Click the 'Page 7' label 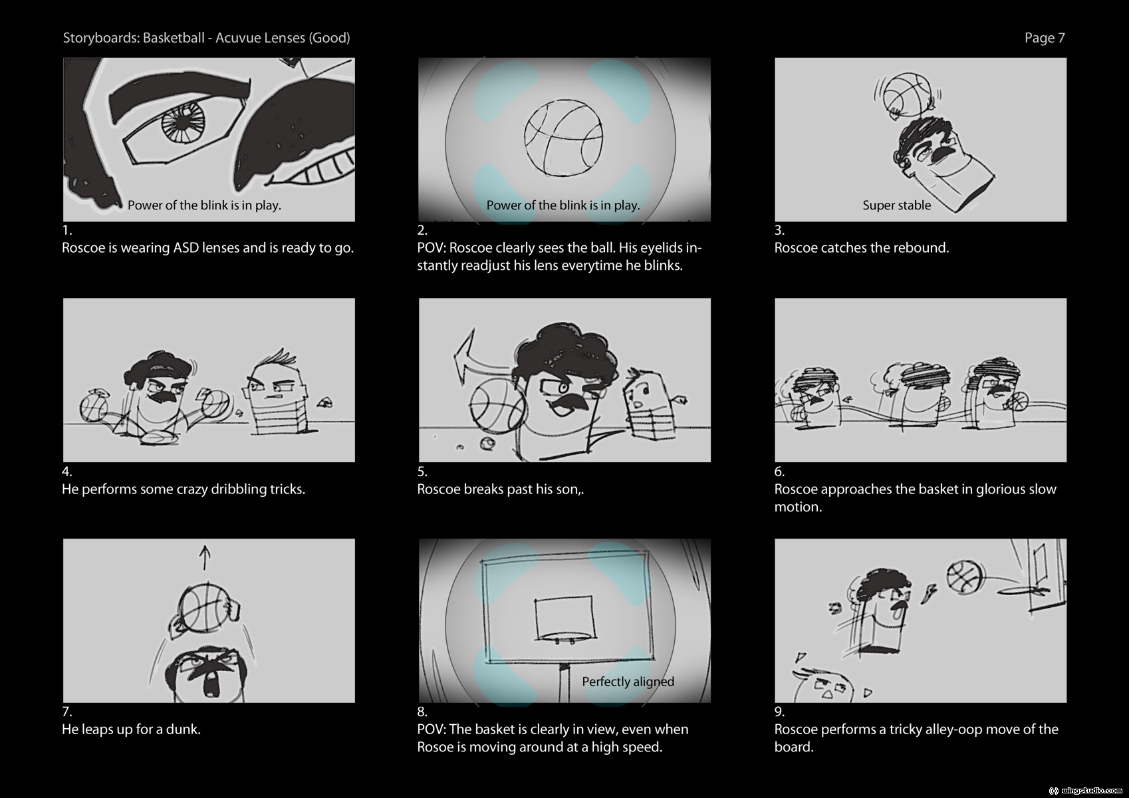[x=1045, y=38]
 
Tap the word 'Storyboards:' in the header [x=101, y=38]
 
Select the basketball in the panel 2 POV [x=563, y=138]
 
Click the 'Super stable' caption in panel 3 [x=897, y=205]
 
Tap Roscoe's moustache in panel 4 [x=162, y=396]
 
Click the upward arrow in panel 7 [x=204, y=557]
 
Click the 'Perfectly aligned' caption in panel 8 [x=628, y=682]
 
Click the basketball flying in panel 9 [x=965, y=577]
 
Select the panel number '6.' [x=779, y=471]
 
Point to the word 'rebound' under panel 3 [x=922, y=248]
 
